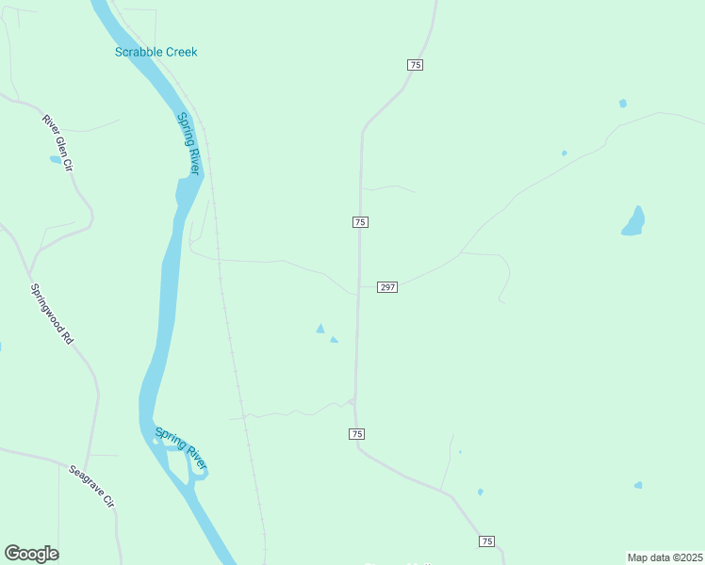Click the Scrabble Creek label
pyautogui.click(x=156, y=52)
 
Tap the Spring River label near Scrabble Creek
pyautogui.click(x=189, y=143)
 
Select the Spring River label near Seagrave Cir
pyautogui.click(x=181, y=448)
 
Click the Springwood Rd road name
pyautogui.click(x=51, y=314)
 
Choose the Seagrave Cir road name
pyautogui.click(x=91, y=486)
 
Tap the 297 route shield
pyautogui.click(x=387, y=286)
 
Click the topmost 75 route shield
pyautogui.click(x=416, y=64)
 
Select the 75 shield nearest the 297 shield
pyautogui.click(x=360, y=221)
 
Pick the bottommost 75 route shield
pyautogui.click(x=486, y=541)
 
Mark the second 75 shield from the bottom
pyautogui.click(x=356, y=433)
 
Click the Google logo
pyautogui.click(x=31, y=554)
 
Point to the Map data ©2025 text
pyautogui.click(x=665, y=557)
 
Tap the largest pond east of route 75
pyautogui.click(x=633, y=222)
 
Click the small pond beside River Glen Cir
pyautogui.click(x=56, y=160)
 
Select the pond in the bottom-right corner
pyautogui.click(x=638, y=485)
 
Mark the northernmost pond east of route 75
pyautogui.click(x=622, y=103)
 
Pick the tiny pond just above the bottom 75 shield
pyautogui.click(x=480, y=492)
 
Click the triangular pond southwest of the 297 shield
pyautogui.click(x=320, y=329)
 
